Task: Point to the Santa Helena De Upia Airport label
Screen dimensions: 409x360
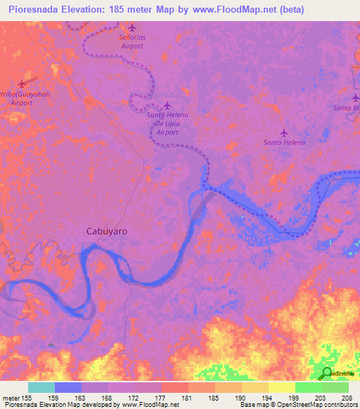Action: tap(167, 124)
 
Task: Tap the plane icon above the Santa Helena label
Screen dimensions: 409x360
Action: tap(284, 132)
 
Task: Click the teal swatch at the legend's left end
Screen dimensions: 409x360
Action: tap(41, 387)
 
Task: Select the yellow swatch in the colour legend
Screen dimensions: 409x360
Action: tap(281, 387)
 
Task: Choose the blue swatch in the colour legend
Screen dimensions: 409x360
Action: tap(68, 387)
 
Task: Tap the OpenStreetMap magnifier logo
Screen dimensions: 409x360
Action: tap(327, 373)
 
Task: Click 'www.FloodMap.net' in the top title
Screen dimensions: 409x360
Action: tap(229, 10)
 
